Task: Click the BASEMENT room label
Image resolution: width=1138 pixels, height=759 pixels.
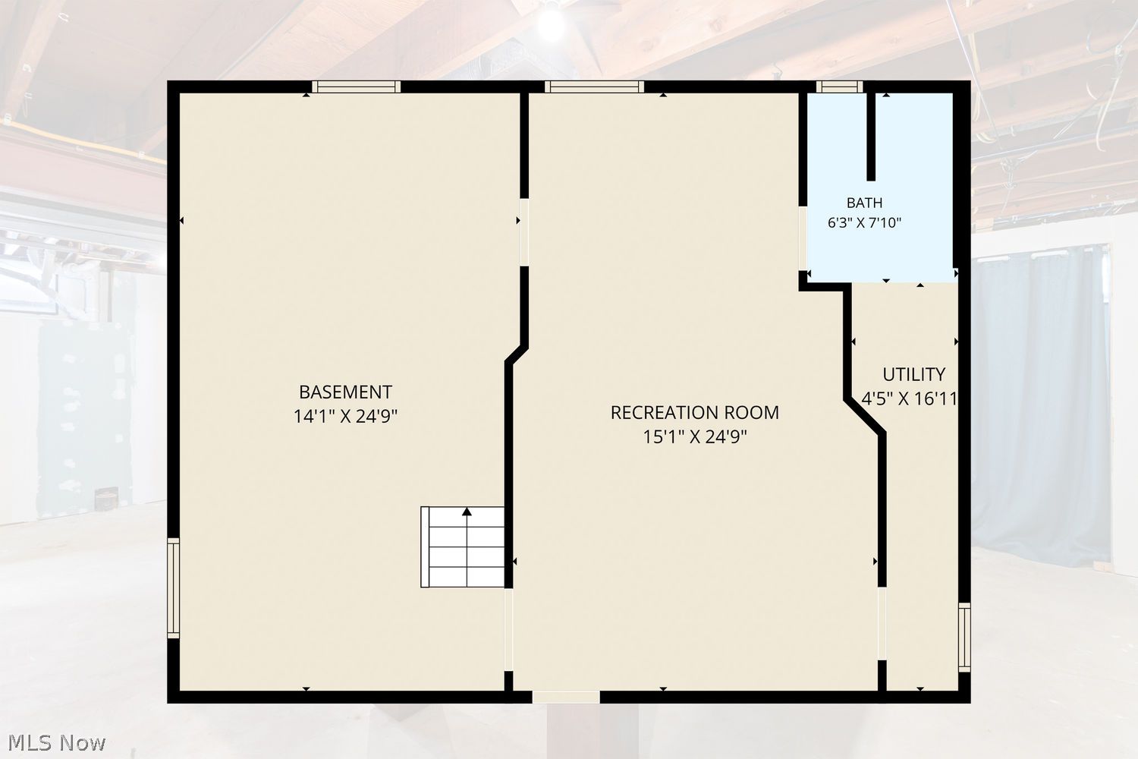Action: (x=345, y=392)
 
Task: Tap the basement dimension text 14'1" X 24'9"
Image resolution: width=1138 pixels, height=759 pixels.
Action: (x=345, y=417)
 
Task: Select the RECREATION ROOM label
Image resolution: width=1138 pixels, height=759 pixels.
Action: (x=694, y=412)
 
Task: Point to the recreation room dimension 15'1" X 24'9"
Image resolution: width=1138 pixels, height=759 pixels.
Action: (x=694, y=436)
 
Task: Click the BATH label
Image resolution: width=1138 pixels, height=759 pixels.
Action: (x=864, y=203)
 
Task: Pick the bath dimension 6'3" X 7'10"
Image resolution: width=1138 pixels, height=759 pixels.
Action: (x=864, y=222)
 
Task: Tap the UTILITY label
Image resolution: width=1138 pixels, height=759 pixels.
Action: (x=913, y=374)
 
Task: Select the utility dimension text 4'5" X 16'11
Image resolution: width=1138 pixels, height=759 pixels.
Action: (x=910, y=398)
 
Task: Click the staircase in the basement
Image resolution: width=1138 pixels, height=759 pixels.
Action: (x=462, y=547)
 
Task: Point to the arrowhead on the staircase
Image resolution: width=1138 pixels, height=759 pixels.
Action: (x=467, y=512)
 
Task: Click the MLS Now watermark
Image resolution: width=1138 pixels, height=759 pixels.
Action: (x=56, y=743)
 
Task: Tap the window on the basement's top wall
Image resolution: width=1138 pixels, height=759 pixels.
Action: (x=356, y=87)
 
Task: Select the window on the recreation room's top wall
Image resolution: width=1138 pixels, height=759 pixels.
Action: (x=594, y=87)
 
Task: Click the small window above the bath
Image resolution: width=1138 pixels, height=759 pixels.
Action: (x=839, y=87)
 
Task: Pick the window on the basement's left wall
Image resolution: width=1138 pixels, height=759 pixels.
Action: (x=173, y=587)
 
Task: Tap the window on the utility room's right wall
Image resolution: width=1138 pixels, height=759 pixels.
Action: (x=964, y=638)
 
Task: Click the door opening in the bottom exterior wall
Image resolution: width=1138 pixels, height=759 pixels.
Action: (x=566, y=697)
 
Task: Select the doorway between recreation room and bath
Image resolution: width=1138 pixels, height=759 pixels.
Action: (x=803, y=238)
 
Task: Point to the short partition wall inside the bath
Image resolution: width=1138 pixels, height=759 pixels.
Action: (x=871, y=137)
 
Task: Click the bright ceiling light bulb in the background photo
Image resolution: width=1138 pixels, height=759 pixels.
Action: (x=552, y=24)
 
